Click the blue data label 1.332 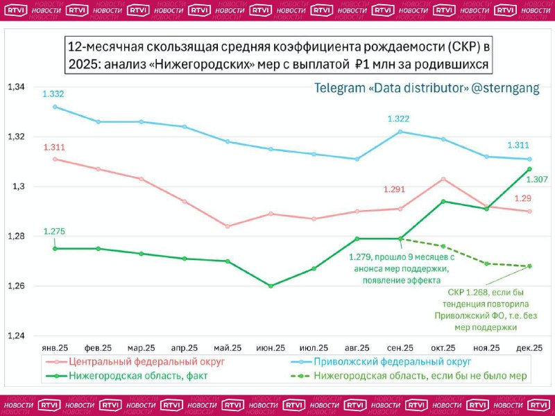tap(53, 94)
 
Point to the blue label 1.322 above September tap(400, 119)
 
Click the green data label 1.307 tap(536, 180)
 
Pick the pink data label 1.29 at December tap(522, 198)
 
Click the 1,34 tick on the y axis tap(15, 87)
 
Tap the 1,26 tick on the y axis tap(15, 286)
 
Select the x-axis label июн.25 tap(271, 347)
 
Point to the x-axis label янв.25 tap(54, 347)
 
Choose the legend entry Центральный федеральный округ tap(146, 362)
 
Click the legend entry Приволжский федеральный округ tap(393, 362)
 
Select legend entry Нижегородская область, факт tap(138, 376)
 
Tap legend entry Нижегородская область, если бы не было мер tap(420, 376)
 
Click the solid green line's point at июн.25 tap(271, 286)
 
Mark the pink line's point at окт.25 tap(443, 179)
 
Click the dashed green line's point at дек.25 tap(530, 266)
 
